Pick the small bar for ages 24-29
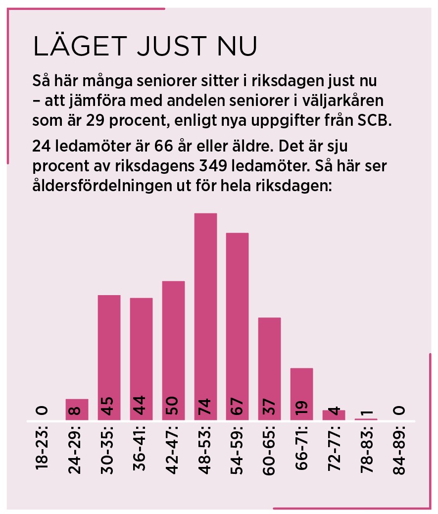pos(77,409)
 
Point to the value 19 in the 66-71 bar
pos(301,407)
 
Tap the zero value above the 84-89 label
pos(399,410)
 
